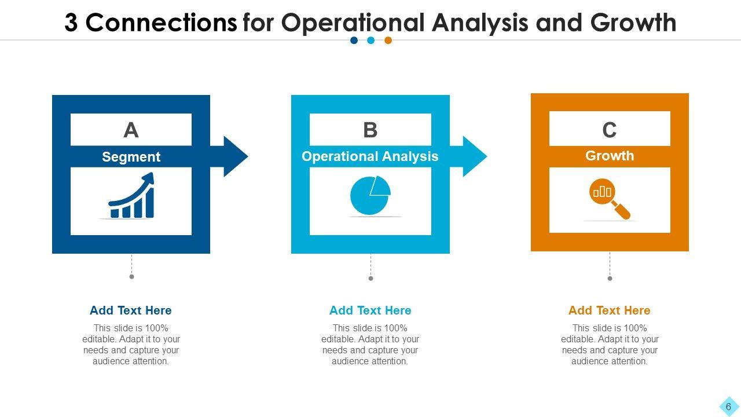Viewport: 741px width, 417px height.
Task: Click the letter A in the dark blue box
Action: (x=131, y=130)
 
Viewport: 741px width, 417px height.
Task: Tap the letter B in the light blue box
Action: (x=370, y=130)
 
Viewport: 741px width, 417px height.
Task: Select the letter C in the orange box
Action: (x=610, y=130)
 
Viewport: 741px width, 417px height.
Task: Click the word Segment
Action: (x=131, y=157)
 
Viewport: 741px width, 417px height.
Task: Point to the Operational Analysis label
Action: (x=370, y=156)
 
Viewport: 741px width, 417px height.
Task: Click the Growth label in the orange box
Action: (x=610, y=156)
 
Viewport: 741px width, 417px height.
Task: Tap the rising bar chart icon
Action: (x=132, y=196)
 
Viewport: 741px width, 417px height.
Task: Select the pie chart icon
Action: (x=370, y=196)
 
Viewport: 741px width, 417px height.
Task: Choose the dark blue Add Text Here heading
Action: (x=131, y=310)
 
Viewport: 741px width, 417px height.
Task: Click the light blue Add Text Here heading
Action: (x=370, y=310)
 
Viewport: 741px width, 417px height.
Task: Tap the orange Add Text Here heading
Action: (x=610, y=310)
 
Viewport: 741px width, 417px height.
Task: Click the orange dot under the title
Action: (x=388, y=41)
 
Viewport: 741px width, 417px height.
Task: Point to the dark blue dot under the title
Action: (x=354, y=41)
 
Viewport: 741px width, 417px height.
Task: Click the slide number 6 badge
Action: (x=728, y=407)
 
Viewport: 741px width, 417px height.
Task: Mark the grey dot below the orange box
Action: (x=610, y=279)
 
